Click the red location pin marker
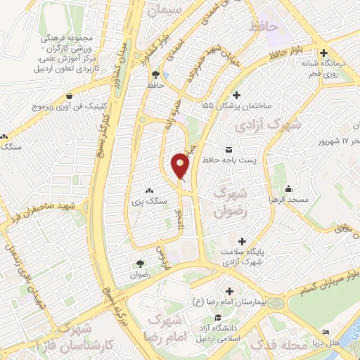[x=180, y=165]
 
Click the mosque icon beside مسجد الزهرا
[x=288, y=189]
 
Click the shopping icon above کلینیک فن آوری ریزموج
[x=69, y=96]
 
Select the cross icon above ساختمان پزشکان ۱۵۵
[x=236, y=95]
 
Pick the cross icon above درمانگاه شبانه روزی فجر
[x=323, y=53]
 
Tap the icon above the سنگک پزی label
[x=148, y=191]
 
